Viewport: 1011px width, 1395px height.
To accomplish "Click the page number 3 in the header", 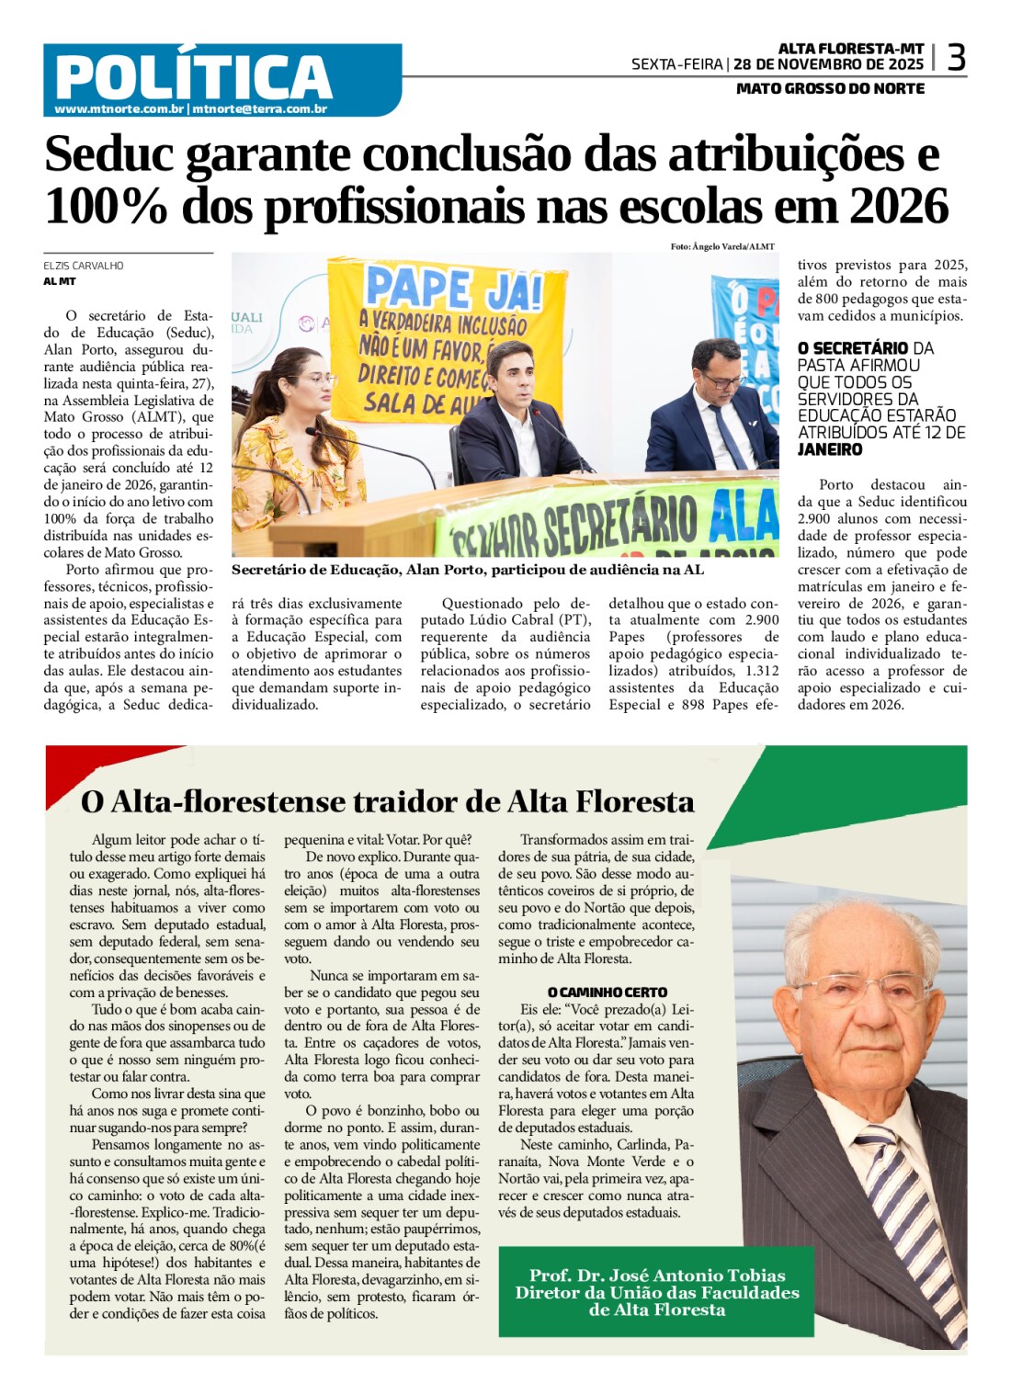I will tap(956, 58).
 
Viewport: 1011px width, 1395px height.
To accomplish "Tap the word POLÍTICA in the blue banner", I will tap(193, 76).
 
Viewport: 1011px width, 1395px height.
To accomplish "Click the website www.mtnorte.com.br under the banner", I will tap(119, 109).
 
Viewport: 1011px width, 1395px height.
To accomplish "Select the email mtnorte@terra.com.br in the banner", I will tap(259, 109).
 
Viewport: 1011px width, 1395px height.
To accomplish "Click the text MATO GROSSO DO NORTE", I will tap(830, 88).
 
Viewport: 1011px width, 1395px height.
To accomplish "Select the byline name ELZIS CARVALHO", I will tap(84, 266).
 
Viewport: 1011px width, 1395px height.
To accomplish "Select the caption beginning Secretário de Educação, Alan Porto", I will tap(467, 570).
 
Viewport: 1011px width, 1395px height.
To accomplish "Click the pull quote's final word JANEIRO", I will tap(830, 449).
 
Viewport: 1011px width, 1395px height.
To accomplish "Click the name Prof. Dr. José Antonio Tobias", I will tap(657, 1275).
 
